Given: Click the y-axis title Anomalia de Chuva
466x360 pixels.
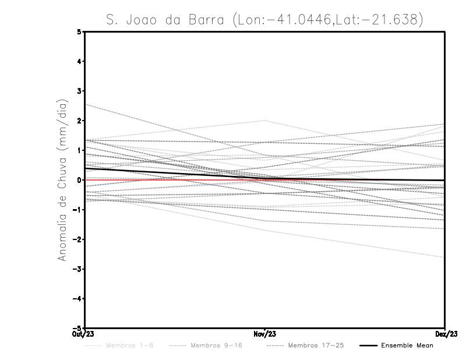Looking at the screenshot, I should click(x=61, y=180).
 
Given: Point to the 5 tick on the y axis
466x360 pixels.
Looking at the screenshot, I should click(x=80, y=31).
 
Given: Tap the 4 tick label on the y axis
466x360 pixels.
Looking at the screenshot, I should click(x=80, y=61).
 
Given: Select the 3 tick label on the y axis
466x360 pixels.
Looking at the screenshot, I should click(x=80, y=91).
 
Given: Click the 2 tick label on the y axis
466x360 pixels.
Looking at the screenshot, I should click(x=80, y=121).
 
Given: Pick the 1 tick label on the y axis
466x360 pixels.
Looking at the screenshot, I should click(x=80, y=150).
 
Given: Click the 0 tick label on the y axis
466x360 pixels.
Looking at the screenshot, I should click(x=80, y=180).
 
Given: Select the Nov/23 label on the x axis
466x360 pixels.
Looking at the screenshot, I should click(x=265, y=334).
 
